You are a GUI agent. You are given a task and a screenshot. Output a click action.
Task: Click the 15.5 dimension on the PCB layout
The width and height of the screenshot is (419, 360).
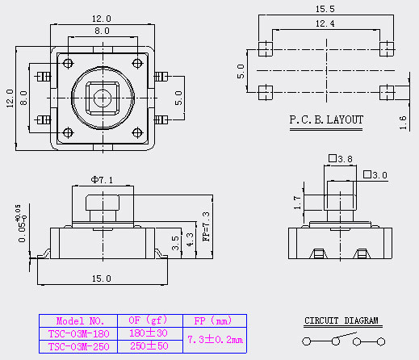(325, 9)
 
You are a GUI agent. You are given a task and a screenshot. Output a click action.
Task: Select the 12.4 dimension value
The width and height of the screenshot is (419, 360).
(325, 23)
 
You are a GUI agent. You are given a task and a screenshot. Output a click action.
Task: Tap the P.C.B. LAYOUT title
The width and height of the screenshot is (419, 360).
(326, 119)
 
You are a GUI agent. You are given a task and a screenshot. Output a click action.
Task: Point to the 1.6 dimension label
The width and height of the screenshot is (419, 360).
(403, 123)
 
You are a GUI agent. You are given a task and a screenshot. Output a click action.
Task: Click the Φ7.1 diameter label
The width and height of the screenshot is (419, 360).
(102, 180)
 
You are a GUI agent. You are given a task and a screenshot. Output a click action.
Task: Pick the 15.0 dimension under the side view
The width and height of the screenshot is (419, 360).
(102, 278)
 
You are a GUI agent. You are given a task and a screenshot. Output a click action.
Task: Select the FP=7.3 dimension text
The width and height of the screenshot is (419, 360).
(206, 226)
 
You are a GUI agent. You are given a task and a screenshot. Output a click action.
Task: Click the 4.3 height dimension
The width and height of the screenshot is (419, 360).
(190, 240)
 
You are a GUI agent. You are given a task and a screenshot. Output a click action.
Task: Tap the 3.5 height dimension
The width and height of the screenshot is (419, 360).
(175, 243)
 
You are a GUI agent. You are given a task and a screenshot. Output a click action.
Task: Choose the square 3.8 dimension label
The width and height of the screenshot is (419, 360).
(341, 159)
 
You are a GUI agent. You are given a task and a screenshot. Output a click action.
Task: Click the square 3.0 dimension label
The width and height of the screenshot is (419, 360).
(375, 175)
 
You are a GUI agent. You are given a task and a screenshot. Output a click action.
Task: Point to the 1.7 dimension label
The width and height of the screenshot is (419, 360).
(297, 203)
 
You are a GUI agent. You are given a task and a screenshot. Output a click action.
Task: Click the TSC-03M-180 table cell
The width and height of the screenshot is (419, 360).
(78, 333)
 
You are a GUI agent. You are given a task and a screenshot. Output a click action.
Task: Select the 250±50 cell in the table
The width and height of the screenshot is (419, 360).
(149, 346)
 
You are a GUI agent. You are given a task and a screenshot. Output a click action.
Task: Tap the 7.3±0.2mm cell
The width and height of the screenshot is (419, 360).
(215, 340)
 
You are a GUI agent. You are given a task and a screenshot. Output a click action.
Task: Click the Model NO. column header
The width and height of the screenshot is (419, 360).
(80, 321)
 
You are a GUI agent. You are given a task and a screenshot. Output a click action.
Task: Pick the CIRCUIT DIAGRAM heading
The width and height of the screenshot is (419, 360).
(341, 320)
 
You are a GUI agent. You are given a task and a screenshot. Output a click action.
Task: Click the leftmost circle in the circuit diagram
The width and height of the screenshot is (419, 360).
(306, 341)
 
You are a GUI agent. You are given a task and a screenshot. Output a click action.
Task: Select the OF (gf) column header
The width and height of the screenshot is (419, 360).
(148, 320)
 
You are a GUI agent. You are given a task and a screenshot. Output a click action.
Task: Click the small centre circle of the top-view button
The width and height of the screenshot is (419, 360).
(103, 98)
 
